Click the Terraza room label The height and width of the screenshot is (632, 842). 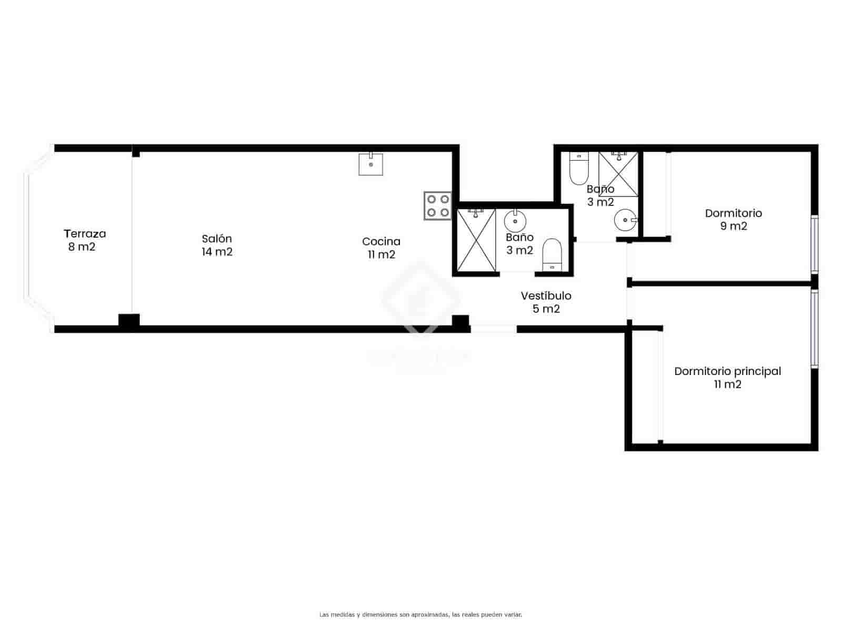tap(84, 233)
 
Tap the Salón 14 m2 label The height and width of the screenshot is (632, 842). tap(217, 245)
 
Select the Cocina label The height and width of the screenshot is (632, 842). tap(381, 242)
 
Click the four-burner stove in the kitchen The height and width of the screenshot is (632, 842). tap(438, 206)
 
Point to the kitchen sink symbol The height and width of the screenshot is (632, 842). tap(371, 164)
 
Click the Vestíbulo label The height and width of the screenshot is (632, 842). tap(546, 296)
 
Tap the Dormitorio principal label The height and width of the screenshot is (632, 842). tap(727, 371)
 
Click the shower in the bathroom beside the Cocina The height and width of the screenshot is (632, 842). tap(476, 240)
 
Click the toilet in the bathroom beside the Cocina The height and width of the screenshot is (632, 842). tap(552, 255)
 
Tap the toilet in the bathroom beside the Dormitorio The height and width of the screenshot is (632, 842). tap(579, 168)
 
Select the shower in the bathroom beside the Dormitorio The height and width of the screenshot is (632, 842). tap(618, 174)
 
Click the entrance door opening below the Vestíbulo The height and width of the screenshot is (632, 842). tap(493, 329)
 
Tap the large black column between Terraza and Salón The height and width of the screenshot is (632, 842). tap(129, 322)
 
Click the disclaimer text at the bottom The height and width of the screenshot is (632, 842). tap(421, 615)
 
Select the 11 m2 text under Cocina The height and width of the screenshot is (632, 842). tap(382, 255)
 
